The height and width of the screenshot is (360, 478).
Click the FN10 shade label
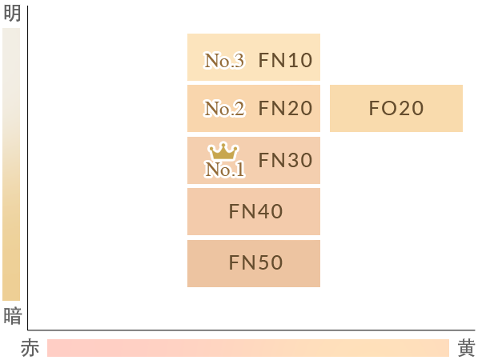point(285,60)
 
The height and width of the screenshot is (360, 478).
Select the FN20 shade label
point(285,108)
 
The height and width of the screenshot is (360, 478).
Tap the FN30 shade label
point(285,160)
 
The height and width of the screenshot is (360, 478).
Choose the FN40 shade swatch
point(254,212)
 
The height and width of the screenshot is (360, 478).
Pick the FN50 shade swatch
point(254,263)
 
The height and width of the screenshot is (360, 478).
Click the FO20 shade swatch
point(396,109)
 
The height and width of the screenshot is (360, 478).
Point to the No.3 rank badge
point(224,60)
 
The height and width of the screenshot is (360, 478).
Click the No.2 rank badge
point(224,109)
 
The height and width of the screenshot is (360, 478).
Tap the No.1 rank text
point(225,170)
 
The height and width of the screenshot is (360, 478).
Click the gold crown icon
point(223,151)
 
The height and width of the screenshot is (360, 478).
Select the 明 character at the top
point(12,13)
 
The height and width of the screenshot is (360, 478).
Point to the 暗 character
point(13,316)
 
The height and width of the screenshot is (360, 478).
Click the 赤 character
point(30,348)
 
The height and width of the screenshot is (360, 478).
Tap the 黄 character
point(467,348)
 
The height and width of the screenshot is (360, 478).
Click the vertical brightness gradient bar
point(11,165)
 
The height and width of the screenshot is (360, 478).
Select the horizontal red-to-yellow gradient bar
point(248,348)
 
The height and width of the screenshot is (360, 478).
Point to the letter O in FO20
point(388,108)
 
